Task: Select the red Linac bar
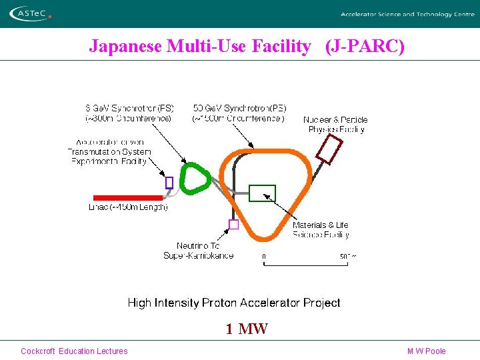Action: click(127, 197)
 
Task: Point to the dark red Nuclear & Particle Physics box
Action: click(329, 150)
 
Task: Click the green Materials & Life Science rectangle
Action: click(261, 193)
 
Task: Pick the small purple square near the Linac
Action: click(169, 182)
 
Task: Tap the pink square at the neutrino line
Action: click(233, 225)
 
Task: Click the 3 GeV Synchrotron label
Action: click(129, 113)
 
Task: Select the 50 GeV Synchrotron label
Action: click(239, 113)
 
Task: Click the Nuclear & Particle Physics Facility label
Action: click(335, 125)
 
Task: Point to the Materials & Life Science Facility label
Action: click(320, 230)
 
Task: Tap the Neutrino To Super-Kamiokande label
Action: click(198, 251)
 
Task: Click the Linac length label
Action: click(128, 207)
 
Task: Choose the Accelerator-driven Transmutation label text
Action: click(109, 151)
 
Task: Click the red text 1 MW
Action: click(246, 328)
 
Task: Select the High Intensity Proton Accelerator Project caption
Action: click(234, 303)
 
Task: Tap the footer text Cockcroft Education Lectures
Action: click(74, 351)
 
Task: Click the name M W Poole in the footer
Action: click(426, 351)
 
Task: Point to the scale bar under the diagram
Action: click(306, 265)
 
